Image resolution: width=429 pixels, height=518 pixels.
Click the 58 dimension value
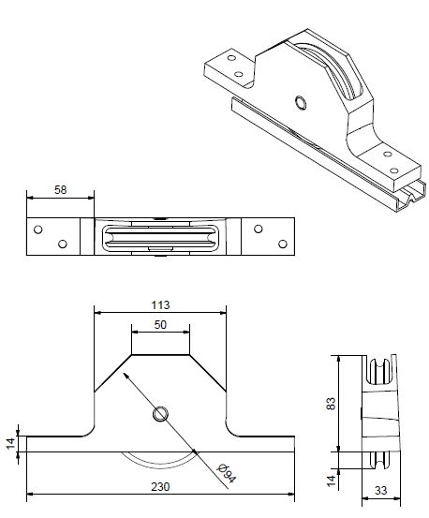point(60,189)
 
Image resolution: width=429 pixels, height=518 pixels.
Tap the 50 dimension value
point(160,324)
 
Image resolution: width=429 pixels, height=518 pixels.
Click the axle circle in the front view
point(159,413)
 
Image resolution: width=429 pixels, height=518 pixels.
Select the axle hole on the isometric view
point(300,102)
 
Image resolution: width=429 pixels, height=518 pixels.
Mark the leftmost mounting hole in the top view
point(37,229)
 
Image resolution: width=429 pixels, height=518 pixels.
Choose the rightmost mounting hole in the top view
point(280,244)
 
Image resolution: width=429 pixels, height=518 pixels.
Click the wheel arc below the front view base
point(159,462)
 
